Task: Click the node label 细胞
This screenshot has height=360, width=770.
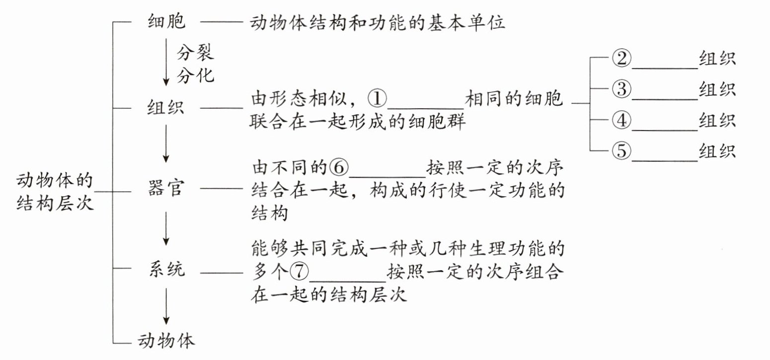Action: [166, 22]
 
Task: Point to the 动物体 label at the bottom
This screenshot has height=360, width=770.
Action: [166, 341]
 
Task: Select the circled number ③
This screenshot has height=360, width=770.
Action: [621, 90]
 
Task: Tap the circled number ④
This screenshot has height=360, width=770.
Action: [621, 121]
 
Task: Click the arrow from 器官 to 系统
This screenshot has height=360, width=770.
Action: [166, 227]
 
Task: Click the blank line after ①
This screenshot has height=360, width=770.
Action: [425, 106]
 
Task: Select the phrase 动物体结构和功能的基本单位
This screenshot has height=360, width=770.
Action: [378, 23]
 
